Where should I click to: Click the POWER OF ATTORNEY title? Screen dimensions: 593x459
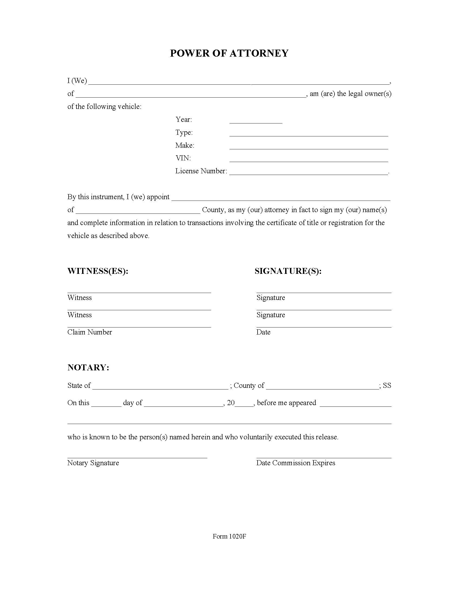(229, 53)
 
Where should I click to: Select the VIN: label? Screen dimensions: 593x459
(183, 158)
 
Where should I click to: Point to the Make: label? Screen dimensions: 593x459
(185, 145)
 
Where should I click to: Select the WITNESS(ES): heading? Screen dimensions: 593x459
(98, 271)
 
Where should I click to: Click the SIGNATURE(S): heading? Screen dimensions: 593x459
(288, 271)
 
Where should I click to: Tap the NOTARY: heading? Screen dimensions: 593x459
(88, 367)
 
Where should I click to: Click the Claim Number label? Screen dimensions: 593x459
(89, 332)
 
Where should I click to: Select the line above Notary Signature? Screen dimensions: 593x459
(137, 458)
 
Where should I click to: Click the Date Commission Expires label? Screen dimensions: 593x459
(295, 463)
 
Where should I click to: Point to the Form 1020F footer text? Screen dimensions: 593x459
(229, 536)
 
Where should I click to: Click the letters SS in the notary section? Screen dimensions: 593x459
(387, 385)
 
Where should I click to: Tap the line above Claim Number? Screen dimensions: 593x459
(139, 327)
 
